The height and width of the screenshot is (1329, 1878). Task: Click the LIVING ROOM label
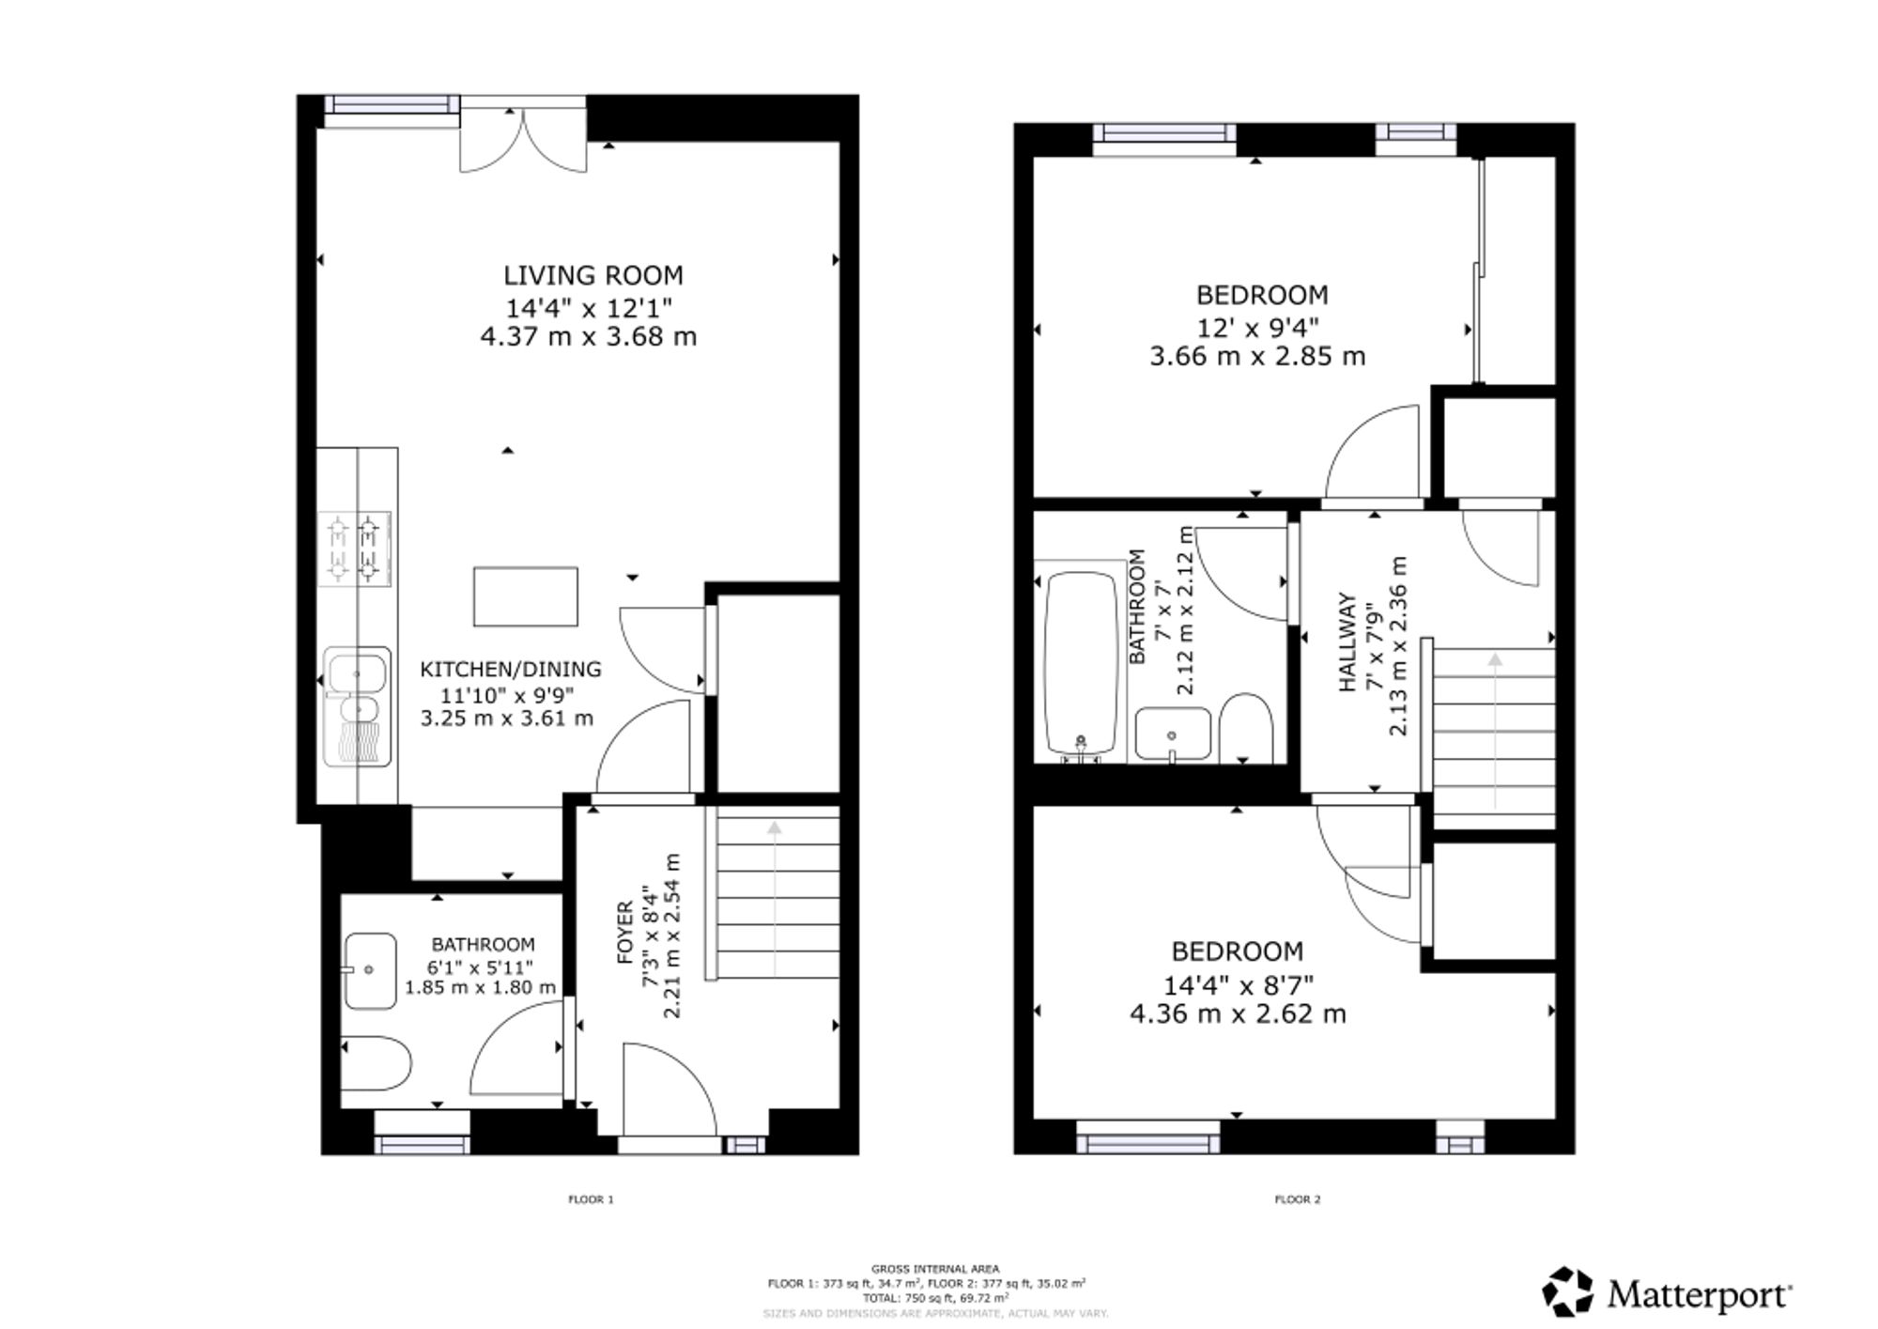coord(593,275)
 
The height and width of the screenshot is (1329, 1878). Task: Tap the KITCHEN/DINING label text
coord(511,670)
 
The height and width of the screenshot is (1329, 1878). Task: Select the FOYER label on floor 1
coord(625,934)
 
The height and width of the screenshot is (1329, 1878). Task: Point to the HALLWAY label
coord(1348,642)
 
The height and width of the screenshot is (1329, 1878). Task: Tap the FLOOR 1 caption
coord(591,1199)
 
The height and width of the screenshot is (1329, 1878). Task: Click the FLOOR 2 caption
coord(1298,1199)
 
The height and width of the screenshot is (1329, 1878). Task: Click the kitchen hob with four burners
coord(355,549)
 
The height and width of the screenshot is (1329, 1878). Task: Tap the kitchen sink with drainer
coord(357,705)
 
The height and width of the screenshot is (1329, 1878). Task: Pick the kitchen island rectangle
coord(525,596)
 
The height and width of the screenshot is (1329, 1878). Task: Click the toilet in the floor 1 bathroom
coord(376,1063)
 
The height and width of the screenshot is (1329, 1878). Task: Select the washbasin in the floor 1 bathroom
coord(370,970)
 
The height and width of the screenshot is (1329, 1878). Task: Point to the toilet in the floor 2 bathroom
coord(1246,729)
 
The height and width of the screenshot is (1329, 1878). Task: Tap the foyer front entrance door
coord(670,1089)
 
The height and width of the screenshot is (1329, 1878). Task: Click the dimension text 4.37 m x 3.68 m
coord(589,336)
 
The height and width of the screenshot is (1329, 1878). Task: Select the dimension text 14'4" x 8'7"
coord(1239,985)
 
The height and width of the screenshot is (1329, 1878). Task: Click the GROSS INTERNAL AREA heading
coord(935,1269)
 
